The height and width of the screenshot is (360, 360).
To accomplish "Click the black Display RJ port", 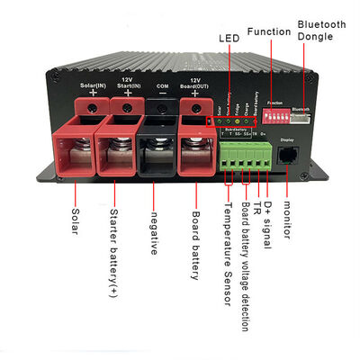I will tap(288, 154).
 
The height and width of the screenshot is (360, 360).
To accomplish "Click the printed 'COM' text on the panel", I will tap(162, 86).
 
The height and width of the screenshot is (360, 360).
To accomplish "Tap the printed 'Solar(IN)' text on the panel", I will tap(90, 85).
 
